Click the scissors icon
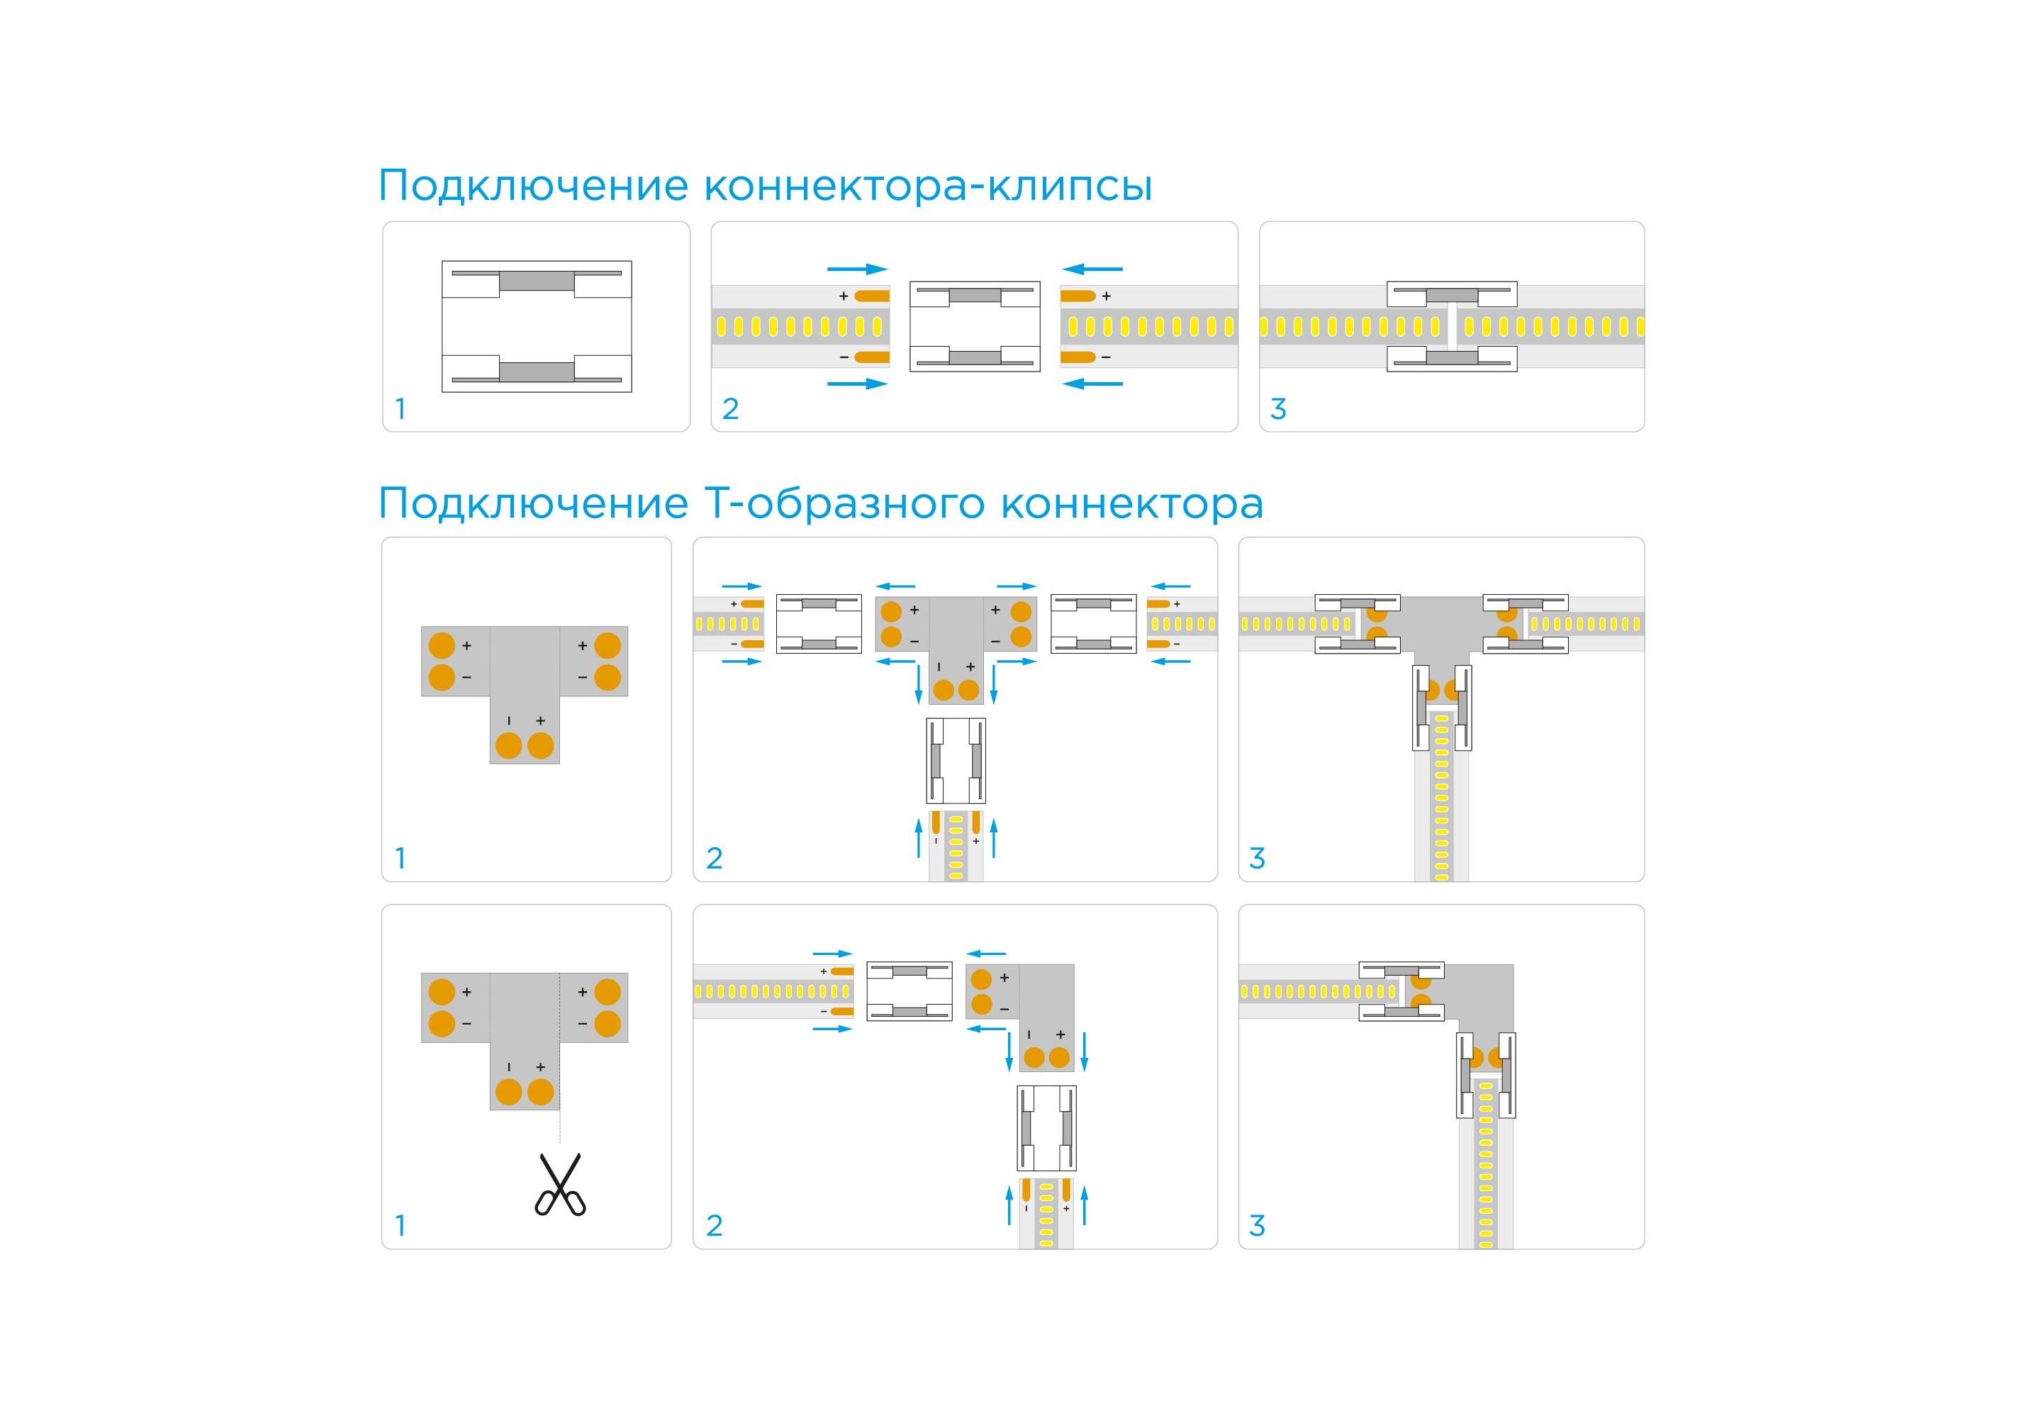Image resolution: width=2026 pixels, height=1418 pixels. [559, 1184]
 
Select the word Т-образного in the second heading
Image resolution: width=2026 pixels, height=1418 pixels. [844, 504]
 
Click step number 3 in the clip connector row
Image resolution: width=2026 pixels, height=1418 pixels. [1277, 409]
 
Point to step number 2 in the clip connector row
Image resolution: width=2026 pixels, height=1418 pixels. [729, 409]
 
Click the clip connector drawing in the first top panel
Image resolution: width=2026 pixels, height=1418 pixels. [537, 326]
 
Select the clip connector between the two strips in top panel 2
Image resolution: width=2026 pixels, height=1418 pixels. [974, 326]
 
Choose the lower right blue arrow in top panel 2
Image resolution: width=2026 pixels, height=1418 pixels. [1092, 384]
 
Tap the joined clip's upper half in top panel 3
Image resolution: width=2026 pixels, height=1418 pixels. [1452, 294]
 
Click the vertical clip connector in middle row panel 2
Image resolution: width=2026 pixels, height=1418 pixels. [956, 761]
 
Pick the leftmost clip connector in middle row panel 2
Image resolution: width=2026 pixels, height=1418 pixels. [818, 624]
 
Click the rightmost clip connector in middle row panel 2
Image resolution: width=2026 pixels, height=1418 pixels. [1093, 624]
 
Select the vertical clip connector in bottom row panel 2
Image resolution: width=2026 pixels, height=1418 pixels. [1046, 1128]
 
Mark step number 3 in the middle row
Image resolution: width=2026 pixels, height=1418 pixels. [1258, 859]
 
